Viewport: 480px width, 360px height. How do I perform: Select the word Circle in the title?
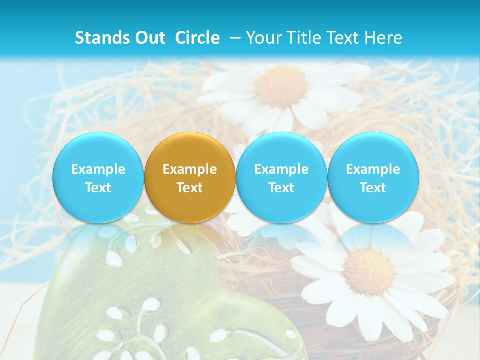[197, 38]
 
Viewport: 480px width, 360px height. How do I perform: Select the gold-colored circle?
[190, 177]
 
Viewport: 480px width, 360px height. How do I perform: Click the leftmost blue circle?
[98, 177]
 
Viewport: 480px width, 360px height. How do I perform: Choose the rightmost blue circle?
[373, 177]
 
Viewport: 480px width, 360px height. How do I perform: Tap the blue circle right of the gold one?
[281, 177]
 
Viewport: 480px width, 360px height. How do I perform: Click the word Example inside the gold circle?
[190, 169]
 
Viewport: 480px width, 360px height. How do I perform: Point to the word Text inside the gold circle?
[190, 188]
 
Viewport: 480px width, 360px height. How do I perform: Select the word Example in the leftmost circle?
[98, 169]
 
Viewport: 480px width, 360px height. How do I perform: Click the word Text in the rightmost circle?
[373, 188]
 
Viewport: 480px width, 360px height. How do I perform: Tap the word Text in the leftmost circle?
[98, 188]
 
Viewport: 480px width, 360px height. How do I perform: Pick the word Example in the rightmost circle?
[373, 169]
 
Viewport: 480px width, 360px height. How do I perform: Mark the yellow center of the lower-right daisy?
[369, 272]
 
